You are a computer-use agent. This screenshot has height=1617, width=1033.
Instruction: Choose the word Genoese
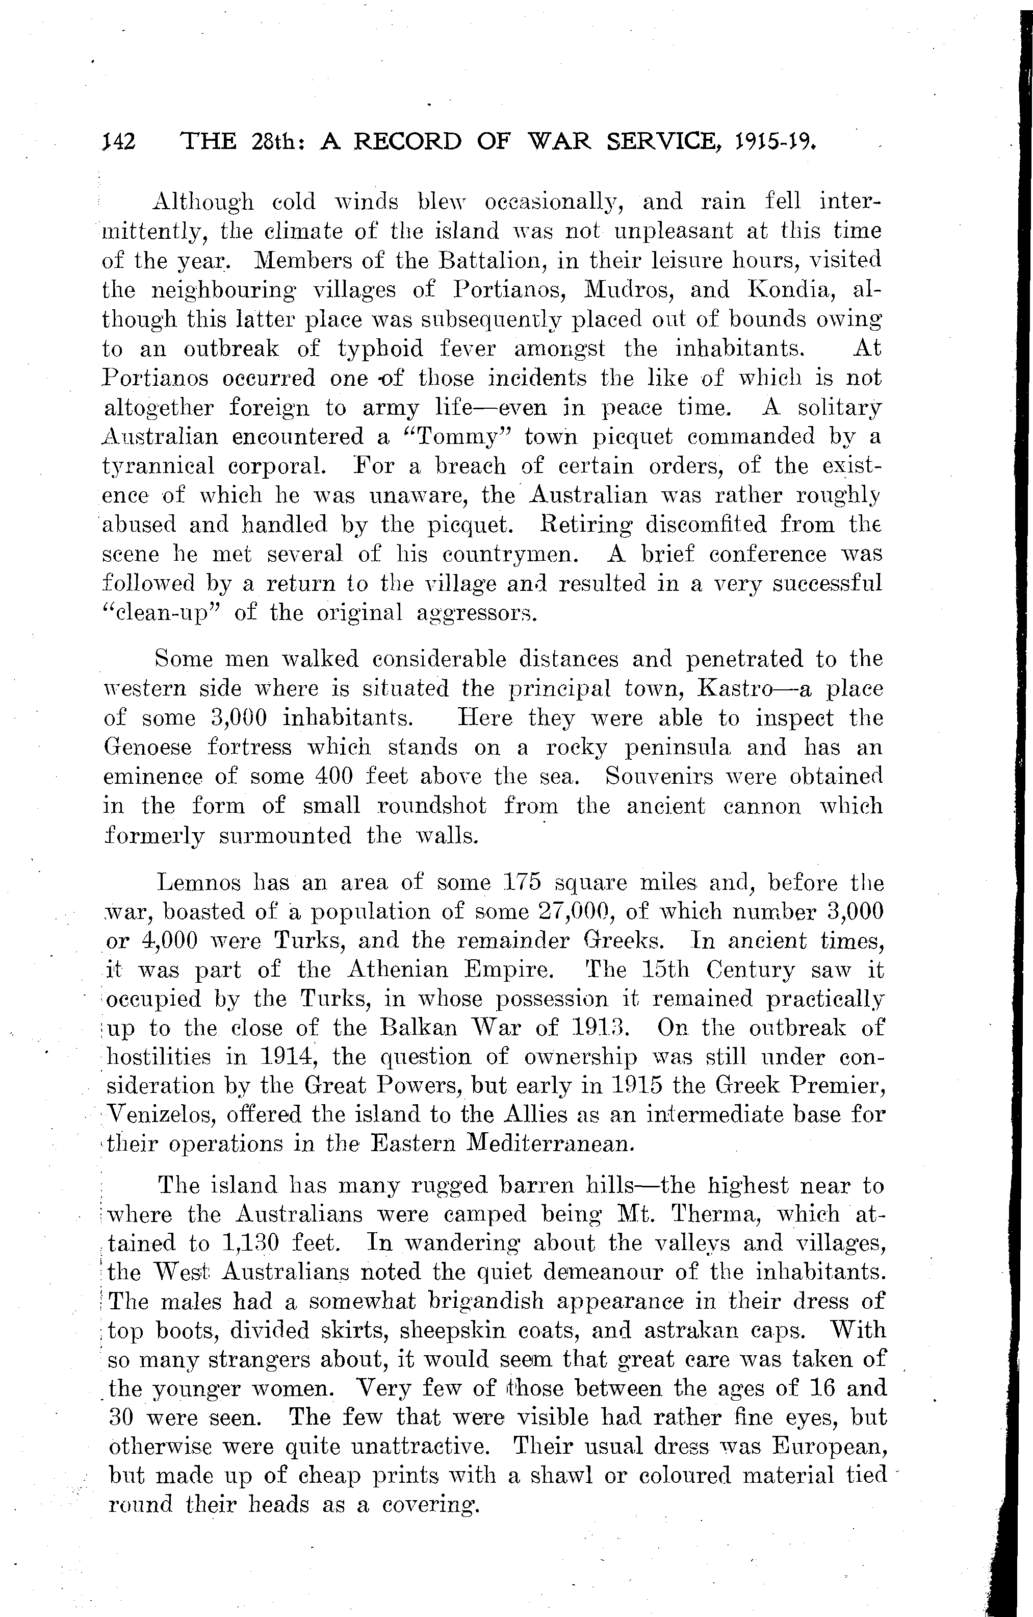pos(148,748)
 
